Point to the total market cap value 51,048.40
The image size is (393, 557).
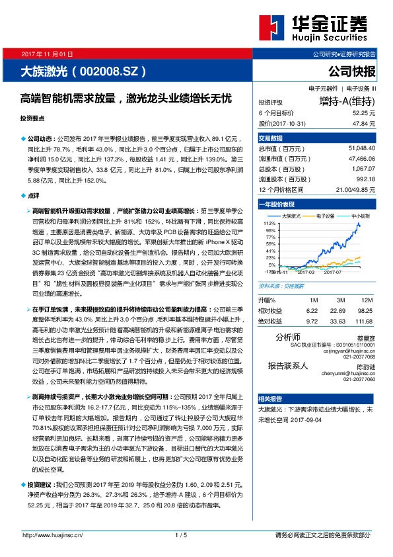[x=361, y=149]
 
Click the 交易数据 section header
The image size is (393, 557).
[x=270, y=138]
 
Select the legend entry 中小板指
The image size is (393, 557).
[x=361, y=216]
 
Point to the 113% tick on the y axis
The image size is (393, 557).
[x=269, y=224]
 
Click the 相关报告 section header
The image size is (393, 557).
[x=270, y=398]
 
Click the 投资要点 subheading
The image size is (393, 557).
[x=32, y=118]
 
